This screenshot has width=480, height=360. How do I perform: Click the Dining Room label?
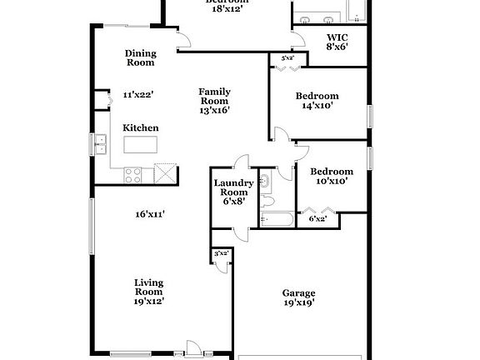141,57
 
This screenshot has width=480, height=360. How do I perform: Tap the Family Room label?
214,96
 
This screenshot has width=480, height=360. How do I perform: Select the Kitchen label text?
141,127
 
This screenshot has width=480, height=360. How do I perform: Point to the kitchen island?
141,145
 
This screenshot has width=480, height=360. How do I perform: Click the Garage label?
298,292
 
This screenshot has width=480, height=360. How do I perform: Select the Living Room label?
148,287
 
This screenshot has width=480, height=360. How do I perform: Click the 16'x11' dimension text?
150,214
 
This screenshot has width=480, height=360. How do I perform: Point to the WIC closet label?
337,37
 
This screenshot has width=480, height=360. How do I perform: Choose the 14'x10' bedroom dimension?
317,106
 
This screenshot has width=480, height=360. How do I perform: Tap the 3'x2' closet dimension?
221,252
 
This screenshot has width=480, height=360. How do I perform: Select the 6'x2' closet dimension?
317,219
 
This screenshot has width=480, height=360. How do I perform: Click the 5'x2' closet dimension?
287,58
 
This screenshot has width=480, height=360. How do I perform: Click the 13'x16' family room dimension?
214,109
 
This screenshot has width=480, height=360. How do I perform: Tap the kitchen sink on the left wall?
100,144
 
